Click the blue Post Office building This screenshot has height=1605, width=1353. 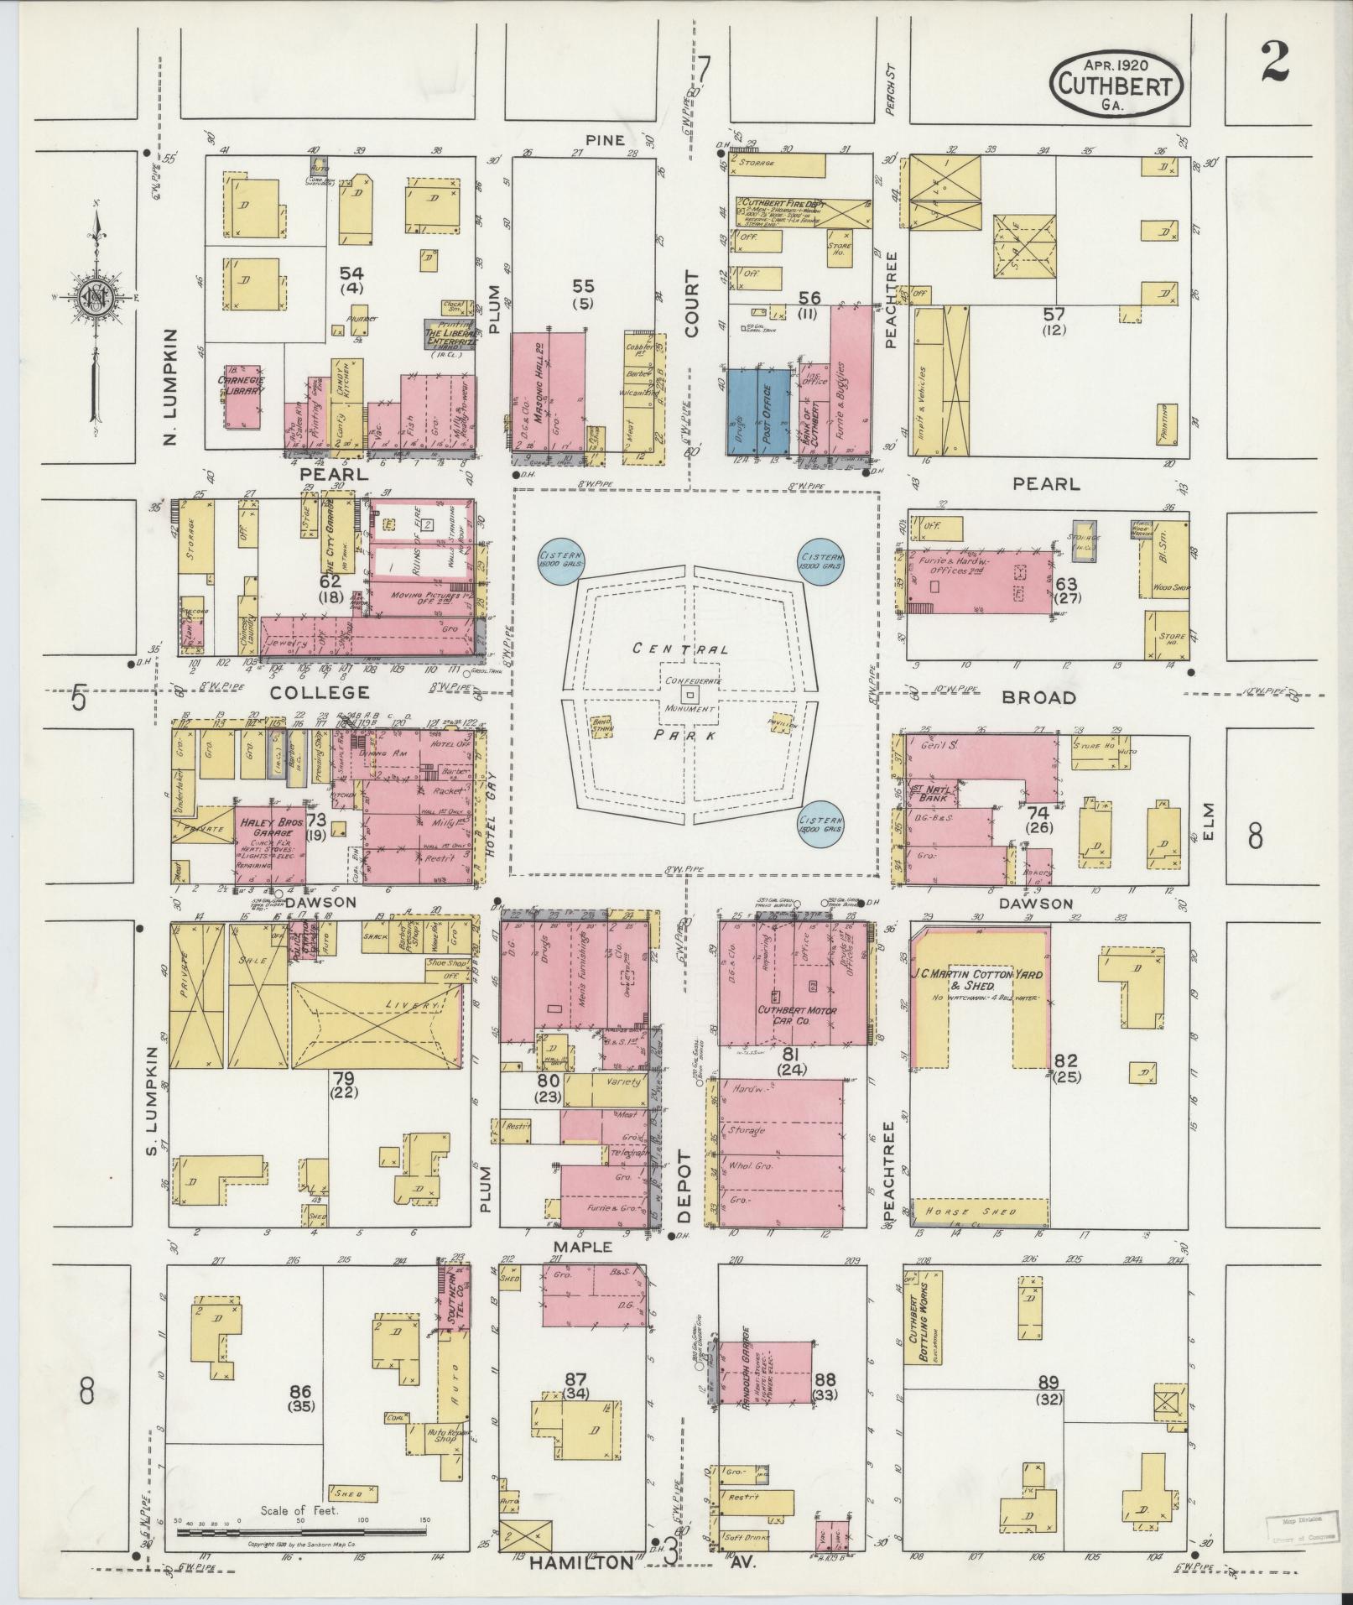point(773,410)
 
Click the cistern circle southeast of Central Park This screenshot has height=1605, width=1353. point(822,824)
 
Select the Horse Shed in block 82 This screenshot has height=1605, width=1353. point(978,1212)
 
